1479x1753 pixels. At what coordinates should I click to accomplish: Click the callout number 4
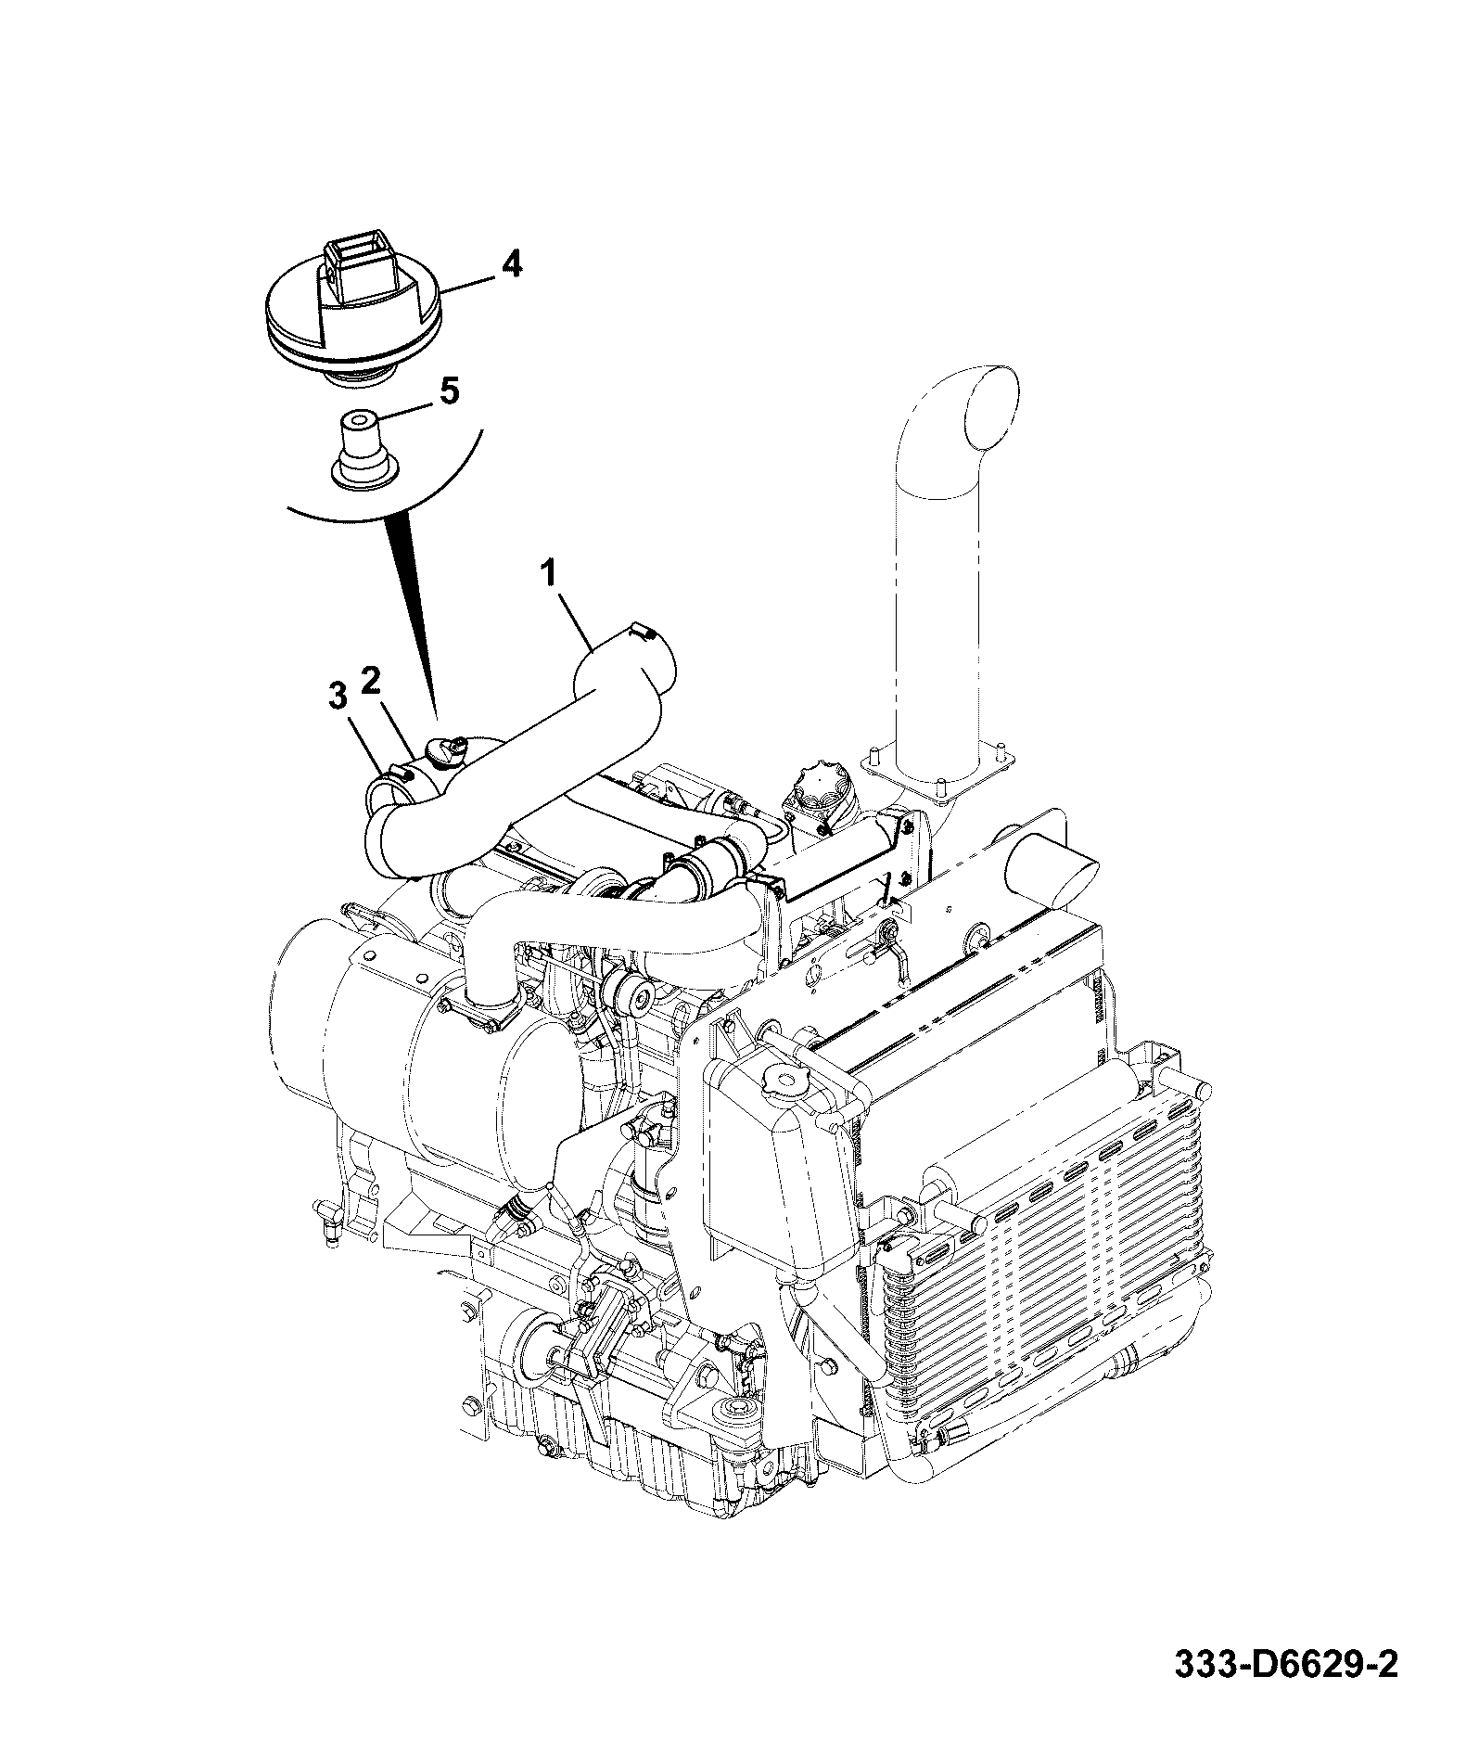(x=511, y=265)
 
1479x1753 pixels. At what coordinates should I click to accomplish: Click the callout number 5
(x=448, y=390)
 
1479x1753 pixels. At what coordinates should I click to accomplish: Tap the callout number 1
(x=550, y=576)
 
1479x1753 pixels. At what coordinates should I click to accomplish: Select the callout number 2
(x=371, y=683)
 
